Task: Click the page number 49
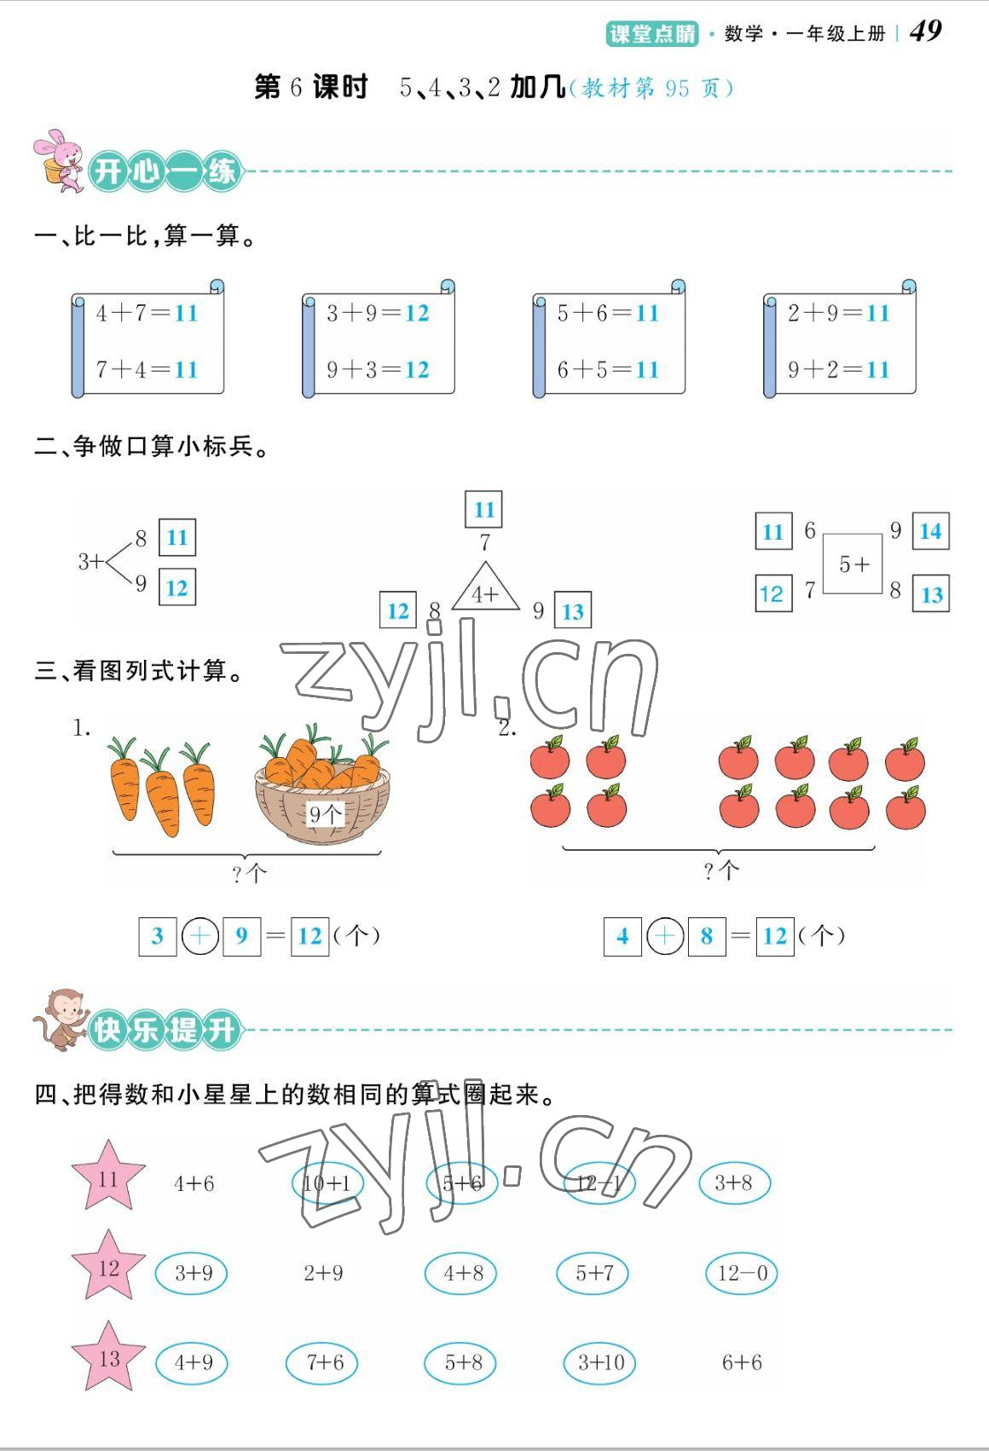point(926,32)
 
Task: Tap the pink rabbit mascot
point(59,160)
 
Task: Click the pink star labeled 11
point(108,1177)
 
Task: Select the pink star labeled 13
point(108,1357)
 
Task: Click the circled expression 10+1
point(327,1183)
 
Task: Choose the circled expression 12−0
point(742,1274)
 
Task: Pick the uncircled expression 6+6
point(742,1362)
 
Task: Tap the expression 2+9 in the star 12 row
point(323,1274)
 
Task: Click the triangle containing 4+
point(485,589)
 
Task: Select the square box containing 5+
point(853,564)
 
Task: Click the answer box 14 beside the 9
point(930,531)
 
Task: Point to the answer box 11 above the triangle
point(483,510)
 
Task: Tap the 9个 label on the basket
point(325,814)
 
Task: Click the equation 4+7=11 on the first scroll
point(147,314)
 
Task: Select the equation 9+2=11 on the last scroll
point(838,369)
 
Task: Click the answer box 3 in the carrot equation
point(158,936)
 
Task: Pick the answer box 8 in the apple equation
point(707,936)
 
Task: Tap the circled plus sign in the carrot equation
point(200,936)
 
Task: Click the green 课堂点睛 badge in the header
point(652,33)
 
